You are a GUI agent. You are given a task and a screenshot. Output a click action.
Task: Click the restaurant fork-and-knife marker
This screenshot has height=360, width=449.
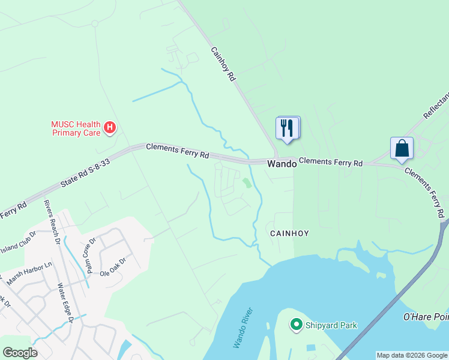[x=288, y=128]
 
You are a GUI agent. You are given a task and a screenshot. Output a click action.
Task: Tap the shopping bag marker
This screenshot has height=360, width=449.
[x=402, y=148]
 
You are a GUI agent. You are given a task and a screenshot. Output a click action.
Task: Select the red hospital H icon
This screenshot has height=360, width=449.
[x=110, y=127]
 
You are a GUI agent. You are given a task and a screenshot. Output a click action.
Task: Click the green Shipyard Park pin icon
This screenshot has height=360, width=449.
[x=295, y=325]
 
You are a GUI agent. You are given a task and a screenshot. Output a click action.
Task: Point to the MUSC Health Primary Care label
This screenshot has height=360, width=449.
[x=75, y=128]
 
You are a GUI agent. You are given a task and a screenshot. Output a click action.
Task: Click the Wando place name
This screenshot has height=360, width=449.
[x=282, y=163]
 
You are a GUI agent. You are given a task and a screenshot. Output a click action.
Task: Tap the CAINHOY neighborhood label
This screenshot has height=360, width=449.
[x=289, y=233]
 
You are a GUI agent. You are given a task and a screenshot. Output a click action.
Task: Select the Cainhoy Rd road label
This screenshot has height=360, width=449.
[x=222, y=65]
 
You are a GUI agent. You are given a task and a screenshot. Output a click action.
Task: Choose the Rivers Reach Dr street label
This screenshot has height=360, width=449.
[x=52, y=222]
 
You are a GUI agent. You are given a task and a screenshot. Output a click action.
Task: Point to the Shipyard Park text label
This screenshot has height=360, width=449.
[x=331, y=325]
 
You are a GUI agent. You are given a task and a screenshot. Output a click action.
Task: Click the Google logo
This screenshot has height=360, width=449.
[x=20, y=353]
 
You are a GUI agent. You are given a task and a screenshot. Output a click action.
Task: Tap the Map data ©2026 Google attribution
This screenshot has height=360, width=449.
[x=412, y=355]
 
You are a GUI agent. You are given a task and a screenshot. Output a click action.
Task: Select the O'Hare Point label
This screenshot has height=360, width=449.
[x=427, y=316]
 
